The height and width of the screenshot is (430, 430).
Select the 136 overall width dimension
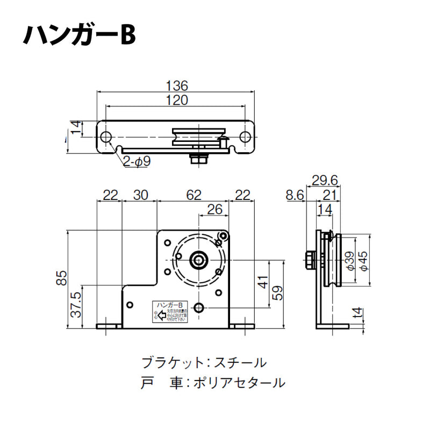click(x=176, y=85)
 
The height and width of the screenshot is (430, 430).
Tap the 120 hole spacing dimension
click(x=176, y=99)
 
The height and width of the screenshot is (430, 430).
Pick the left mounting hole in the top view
click(x=106, y=137)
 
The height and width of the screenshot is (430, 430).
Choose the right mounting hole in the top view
click(x=245, y=137)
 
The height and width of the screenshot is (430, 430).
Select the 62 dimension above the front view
click(x=195, y=195)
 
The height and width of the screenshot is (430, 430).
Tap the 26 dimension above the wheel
click(x=215, y=210)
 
